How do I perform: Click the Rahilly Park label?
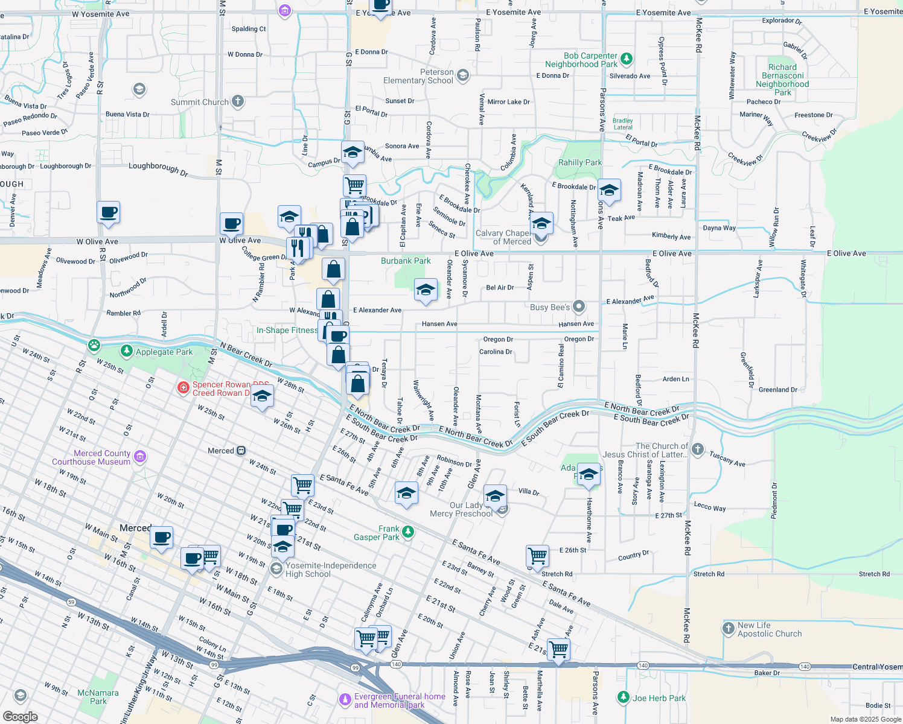click(x=579, y=162)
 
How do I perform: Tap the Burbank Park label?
click(x=406, y=261)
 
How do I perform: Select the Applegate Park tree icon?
click(x=126, y=351)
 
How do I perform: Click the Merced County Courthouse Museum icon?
click(x=140, y=457)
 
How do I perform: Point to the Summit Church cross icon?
click(x=238, y=101)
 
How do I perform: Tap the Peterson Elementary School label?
click(x=418, y=76)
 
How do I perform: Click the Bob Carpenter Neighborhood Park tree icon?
click(x=627, y=59)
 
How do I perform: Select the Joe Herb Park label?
click(x=659, y=698)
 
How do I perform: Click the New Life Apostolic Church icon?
click(x=729, y=629)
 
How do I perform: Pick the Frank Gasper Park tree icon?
click(x=408, y=532)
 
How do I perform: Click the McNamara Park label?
click(x=98, y=697)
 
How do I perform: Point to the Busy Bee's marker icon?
click(x=579, y=306)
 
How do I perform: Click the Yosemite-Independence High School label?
click(x=331, y=570)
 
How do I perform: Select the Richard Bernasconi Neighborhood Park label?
click(x=782, y=80)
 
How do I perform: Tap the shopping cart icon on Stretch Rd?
click(x=537, y=555)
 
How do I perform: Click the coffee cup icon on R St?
click(x=108, y=212)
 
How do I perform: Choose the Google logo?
click(x=20, y=716)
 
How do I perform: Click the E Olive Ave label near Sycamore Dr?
click(x=474, y=253)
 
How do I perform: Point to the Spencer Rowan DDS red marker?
click(x=183, y=387)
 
